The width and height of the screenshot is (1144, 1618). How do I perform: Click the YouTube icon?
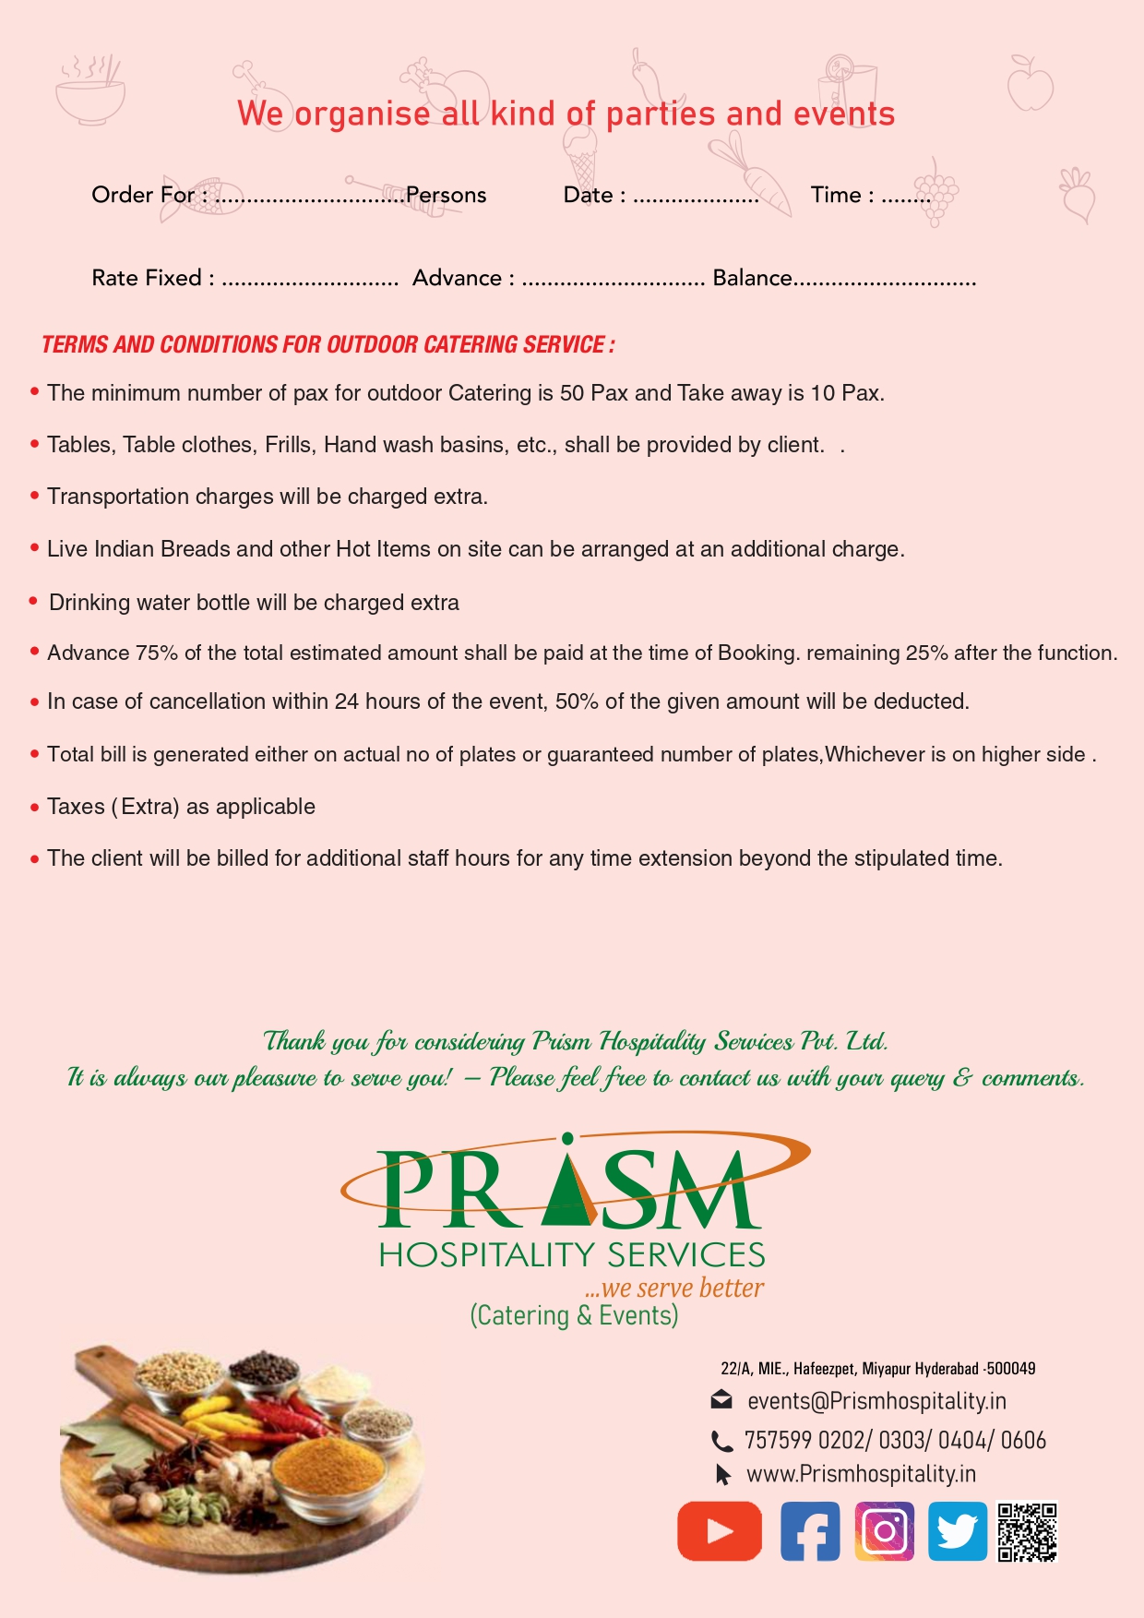pos(720,1530)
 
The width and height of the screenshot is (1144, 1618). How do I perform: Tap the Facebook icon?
pos(810,1531)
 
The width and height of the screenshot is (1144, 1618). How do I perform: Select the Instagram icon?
pos(884,1531)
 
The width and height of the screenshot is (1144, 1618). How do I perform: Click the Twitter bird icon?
pos(957,1531)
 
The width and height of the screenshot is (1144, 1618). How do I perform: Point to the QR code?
pos(1027,1532)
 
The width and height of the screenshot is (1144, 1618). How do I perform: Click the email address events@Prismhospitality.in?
pos(876,1401)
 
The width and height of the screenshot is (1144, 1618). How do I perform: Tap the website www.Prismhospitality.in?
pos(861,1474)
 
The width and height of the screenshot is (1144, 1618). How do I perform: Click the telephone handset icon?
pos(721,1441)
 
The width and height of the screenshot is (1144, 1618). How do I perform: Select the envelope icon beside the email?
pos(721,1400)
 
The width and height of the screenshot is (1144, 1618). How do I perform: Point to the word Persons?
pos(446,195)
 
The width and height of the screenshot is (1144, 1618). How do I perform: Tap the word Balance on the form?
pos(752,278)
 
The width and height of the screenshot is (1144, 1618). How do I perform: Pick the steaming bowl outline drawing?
pos(89,92)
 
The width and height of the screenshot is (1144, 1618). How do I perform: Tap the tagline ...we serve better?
pos(674,1288)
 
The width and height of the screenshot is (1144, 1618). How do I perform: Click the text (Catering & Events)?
pos(574,1315)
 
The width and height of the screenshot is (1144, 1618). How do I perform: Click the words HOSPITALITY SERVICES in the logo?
pos(572,1254)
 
